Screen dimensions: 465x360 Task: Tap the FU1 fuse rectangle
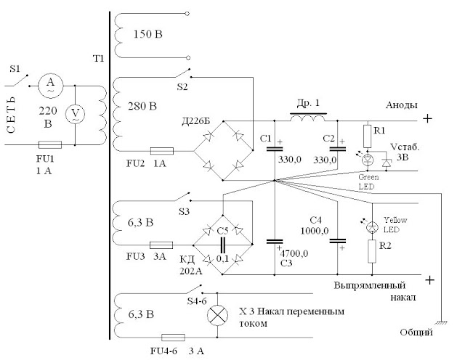point(50,145)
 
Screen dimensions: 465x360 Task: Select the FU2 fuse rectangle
point(162,151)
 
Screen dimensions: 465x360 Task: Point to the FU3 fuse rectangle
point(161,245)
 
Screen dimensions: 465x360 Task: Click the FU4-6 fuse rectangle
point(173,337)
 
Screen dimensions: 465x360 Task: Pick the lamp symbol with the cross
point(217,315)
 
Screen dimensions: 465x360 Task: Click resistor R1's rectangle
point(368,136)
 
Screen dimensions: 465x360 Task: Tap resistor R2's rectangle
point(372,251)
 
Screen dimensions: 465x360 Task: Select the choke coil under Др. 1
point(308,118)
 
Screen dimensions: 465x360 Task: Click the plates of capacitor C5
point(223,245)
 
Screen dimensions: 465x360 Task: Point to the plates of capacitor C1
point(275,149)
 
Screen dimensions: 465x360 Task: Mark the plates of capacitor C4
point(337,241)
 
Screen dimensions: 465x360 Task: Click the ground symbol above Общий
point(442,323)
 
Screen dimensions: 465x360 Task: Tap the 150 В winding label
point(147,34)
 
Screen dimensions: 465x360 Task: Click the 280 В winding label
point(142,106)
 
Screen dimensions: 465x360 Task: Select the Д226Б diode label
point(195,121)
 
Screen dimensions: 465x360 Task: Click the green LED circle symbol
point(368,160)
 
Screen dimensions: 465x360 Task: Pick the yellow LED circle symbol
point(372,227)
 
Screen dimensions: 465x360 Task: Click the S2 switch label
point(182,87)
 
